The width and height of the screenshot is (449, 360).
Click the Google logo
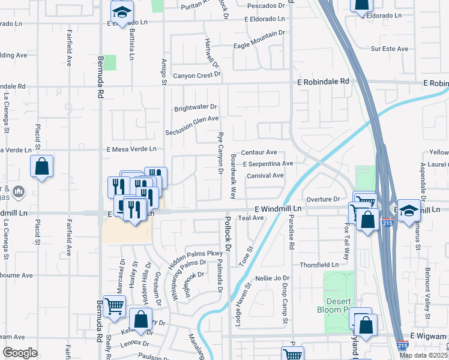click(x=20, y=353)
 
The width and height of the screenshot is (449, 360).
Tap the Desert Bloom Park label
click(x=337, y=305)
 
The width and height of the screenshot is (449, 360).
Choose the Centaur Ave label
click(x=259, y=152)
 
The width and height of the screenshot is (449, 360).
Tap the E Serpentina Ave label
click(x=268, y=163)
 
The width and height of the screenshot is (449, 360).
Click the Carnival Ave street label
click(x=265, y=175)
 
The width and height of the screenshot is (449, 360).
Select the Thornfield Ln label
click(x=319, y=265)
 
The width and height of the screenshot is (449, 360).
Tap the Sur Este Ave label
click(x=389, y=49)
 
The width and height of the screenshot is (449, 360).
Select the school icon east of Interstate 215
click(x=409, y=210)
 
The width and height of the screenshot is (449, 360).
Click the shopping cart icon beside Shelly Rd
click(x=113, y=306)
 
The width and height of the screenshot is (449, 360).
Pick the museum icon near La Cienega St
click(x=18, y=191)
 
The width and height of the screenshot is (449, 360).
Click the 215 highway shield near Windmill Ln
click(x=387, y=223)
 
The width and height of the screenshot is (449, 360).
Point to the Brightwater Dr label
click(x=195, y=108)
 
